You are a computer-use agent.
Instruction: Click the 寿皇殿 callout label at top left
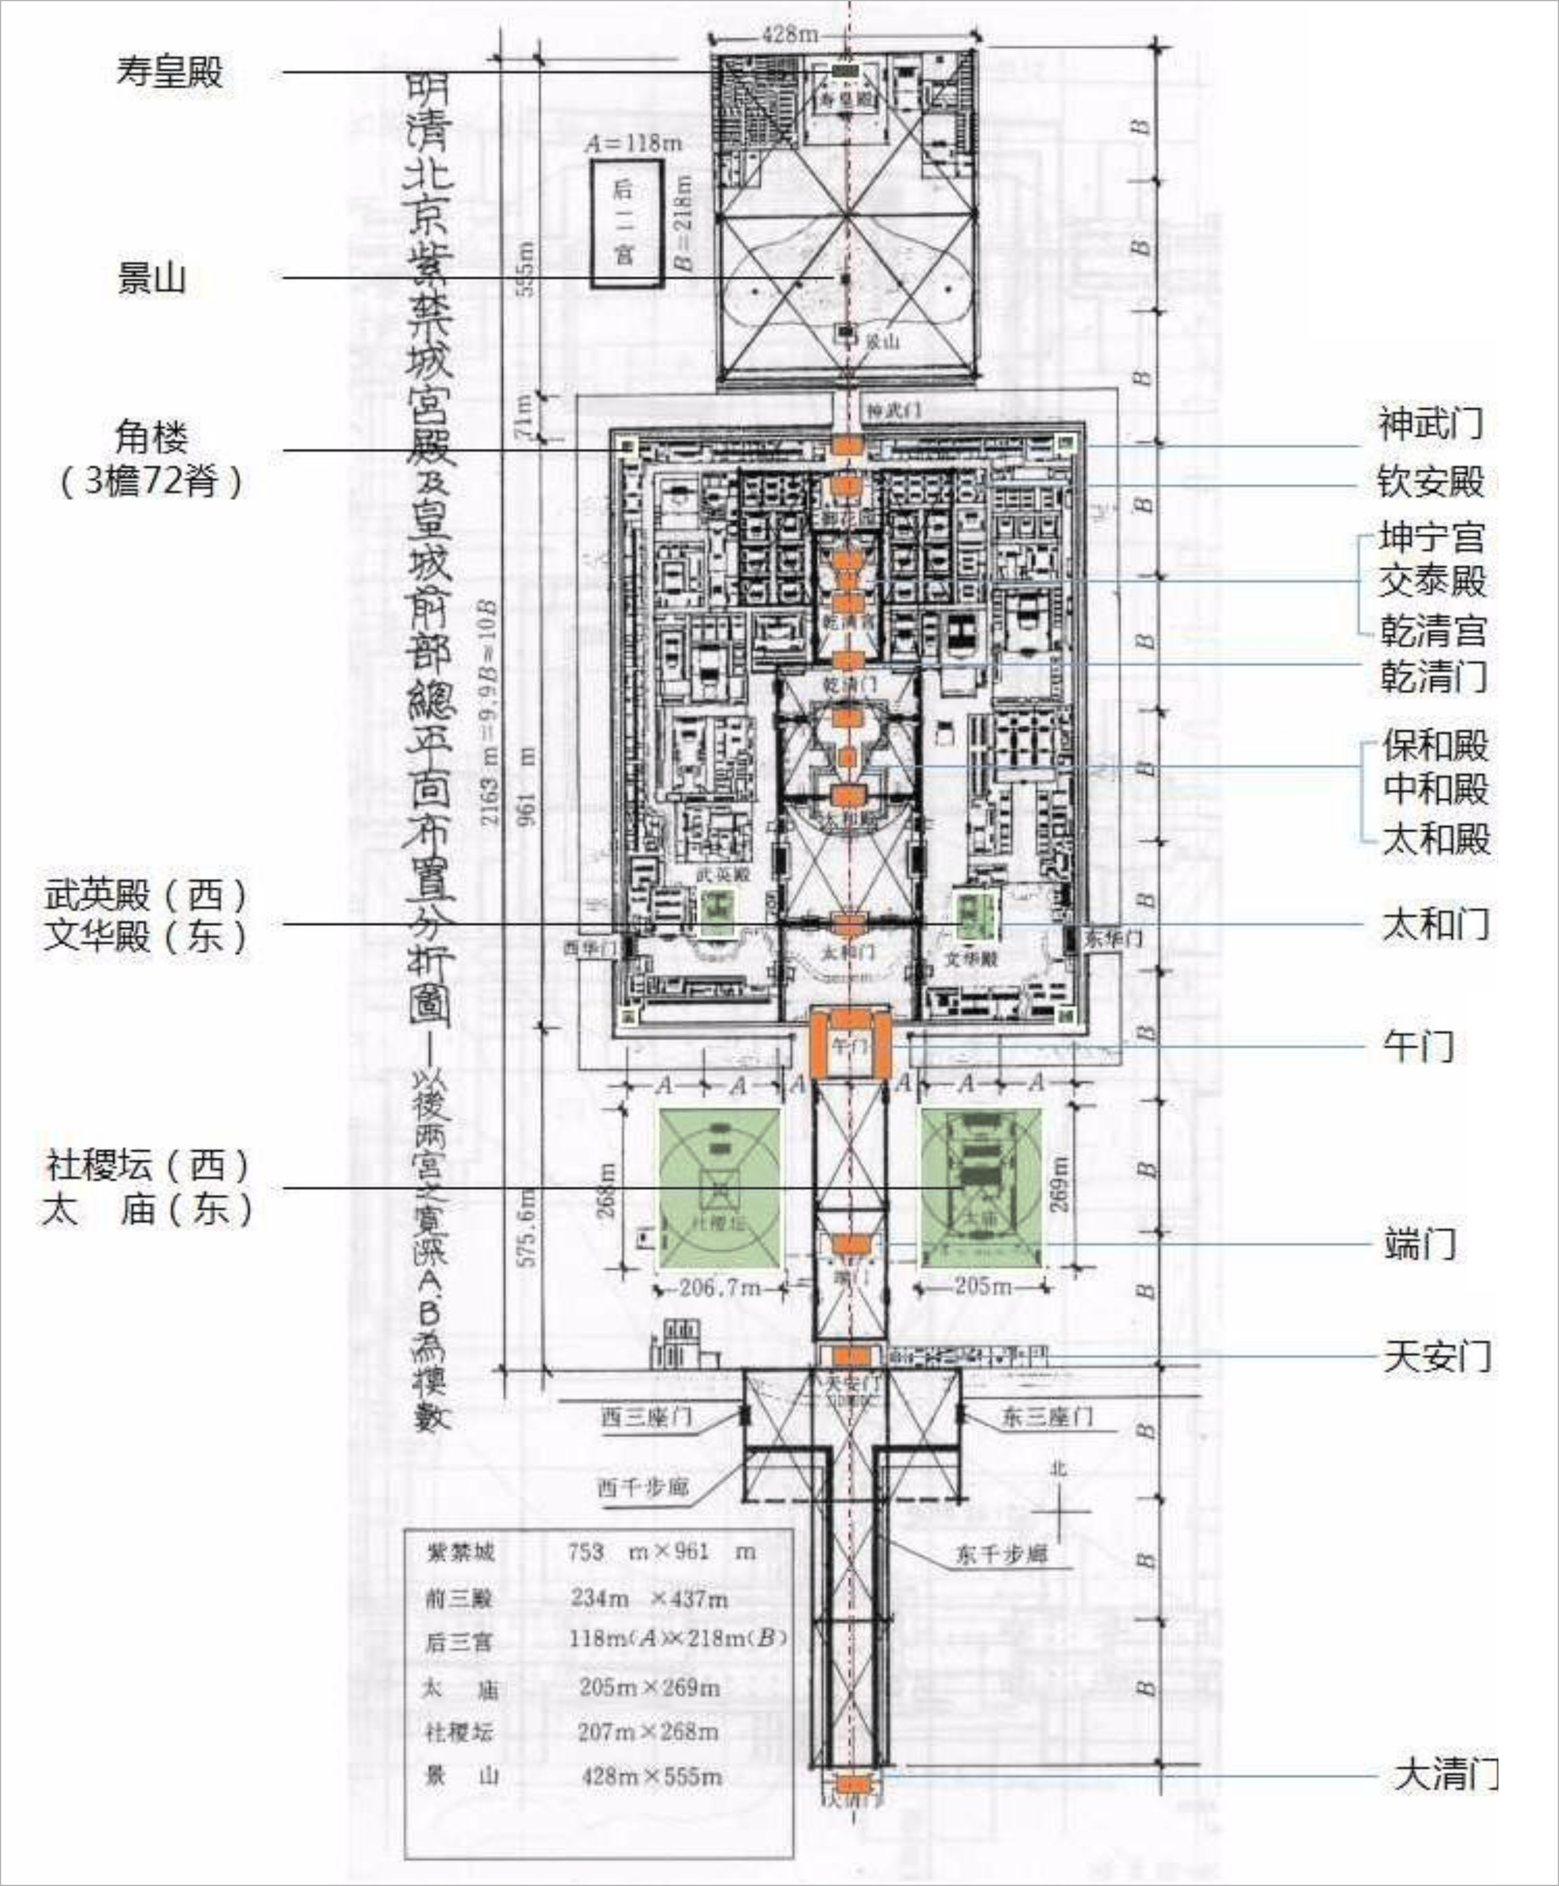pos(169,72)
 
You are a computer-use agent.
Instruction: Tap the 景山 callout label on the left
pos(151,277)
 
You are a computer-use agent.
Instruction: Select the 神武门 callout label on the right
pos(1431,423)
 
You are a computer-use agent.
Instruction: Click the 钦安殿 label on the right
pos(1431,481)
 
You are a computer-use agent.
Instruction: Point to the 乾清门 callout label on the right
pos(1433,676)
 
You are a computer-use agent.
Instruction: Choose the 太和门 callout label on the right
pos(1435,923)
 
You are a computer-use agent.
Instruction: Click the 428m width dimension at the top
pos(790,34)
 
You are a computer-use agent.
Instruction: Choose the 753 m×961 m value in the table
pos(661,1551)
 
